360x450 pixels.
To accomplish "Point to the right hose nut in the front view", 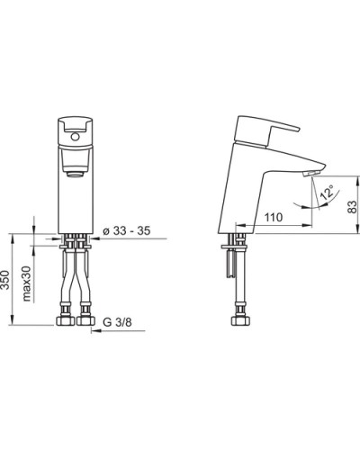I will [88, 319].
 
